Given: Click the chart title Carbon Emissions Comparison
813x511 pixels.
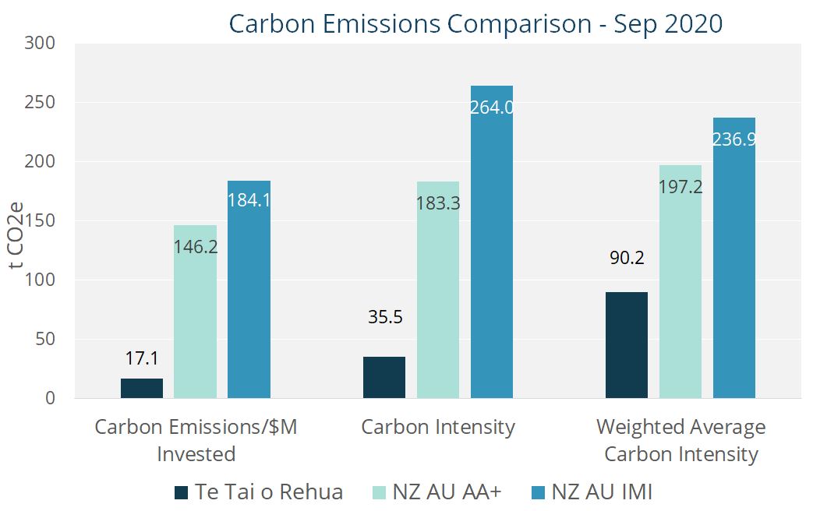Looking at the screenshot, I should click(x=475, y=23).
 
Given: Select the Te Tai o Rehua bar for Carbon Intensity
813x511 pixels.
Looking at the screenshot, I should click(x=384, y=378).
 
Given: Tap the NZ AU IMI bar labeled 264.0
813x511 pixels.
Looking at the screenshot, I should click(x=492, y=249).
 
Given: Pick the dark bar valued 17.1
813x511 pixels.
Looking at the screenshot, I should click(x=142, y=388).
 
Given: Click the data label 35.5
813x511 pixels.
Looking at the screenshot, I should click(x=384, y=318).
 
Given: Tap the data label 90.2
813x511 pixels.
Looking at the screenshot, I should click(x=627, y=258).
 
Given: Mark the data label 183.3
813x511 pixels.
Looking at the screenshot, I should click(x=437, y=206).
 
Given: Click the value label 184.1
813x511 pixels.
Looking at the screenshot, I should click(x=249, y=200).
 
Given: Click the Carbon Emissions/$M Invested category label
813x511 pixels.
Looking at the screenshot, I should click(x=196, y=440).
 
